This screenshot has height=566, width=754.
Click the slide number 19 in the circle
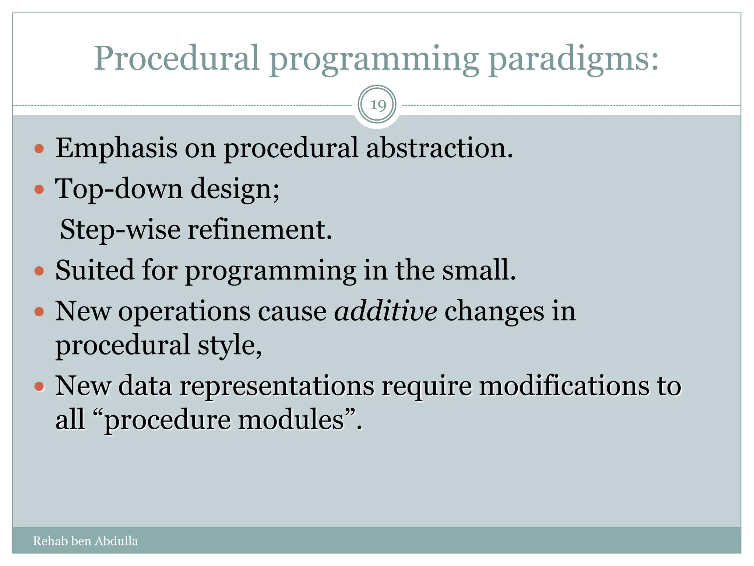[378, 105]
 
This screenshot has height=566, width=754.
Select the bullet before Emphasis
[39, 149]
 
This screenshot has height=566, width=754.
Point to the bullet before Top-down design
[39, 190]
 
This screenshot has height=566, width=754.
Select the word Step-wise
[120, 230]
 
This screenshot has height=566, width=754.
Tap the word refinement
[260, 230]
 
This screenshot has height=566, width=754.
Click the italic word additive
[385, 311]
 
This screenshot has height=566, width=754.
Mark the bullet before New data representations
[39, 387]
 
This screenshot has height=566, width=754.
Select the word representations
[276, 386]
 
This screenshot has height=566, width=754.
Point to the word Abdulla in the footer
[116, 541]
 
